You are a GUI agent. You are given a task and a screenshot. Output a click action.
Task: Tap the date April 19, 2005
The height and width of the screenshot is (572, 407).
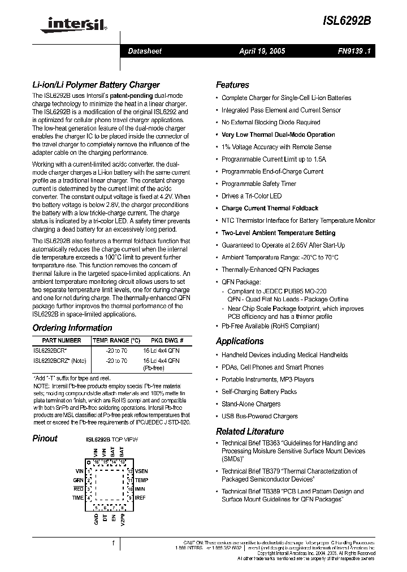point(262,51)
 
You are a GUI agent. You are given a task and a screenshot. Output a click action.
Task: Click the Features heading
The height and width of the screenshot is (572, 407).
point(232,85)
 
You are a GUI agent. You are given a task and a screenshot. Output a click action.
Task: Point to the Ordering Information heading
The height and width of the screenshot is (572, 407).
point(72,328)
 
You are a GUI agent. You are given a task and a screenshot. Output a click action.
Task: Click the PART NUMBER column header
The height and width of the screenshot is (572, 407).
point(57,341)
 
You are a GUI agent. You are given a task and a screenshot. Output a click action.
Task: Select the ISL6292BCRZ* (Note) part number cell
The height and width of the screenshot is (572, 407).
point(59,360)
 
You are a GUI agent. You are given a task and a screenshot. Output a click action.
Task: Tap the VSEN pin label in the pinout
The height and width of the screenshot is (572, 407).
point(141,471)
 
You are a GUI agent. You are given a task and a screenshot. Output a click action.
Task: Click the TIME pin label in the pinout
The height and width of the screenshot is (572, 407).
point(77,498)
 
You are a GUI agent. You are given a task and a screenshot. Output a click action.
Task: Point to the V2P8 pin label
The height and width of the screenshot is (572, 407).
point(122,520)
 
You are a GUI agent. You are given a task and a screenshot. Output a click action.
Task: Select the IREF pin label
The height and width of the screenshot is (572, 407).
point(140,498)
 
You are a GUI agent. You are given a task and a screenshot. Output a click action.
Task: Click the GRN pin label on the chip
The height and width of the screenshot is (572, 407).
point(78,480)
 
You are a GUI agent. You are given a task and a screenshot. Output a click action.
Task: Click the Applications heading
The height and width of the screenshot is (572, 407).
point(240,341)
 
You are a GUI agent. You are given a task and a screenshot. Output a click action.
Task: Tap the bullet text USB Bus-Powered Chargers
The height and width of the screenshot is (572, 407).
point(259,416)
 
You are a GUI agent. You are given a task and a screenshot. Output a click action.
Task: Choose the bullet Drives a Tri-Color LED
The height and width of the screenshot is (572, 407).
point(252,196)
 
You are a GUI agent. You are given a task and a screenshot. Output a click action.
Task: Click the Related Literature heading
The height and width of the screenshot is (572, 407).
point(250,431)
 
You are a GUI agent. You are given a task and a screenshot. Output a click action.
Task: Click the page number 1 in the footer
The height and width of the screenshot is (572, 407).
point(114,543)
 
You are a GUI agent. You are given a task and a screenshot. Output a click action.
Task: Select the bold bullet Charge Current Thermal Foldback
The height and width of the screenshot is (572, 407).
point(270,208)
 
